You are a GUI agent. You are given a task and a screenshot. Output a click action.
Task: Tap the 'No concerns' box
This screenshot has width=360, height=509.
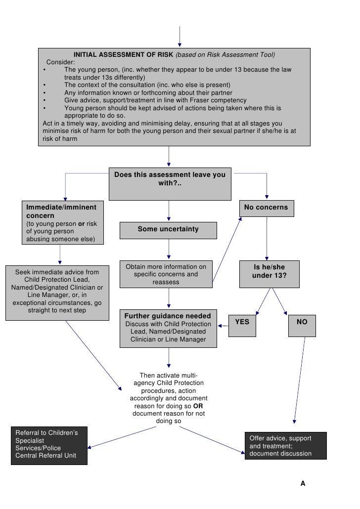click(267, 208)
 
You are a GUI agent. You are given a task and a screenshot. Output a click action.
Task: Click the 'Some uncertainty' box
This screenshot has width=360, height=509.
click(168, 230)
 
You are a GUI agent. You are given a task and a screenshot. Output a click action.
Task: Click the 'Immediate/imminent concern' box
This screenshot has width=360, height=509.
click(62, 222)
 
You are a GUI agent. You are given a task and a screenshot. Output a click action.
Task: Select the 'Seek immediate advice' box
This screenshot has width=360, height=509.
click(57, 292)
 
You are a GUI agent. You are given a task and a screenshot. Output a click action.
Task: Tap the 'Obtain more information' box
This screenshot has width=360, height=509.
click(166, 274)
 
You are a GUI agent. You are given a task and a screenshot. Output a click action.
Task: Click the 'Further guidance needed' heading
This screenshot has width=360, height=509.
click(168, 316)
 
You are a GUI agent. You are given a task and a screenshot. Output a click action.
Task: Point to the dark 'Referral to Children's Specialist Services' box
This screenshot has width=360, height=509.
click(49, 445)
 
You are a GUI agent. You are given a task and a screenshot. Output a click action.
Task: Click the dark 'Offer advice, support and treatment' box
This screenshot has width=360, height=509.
click(285, 446)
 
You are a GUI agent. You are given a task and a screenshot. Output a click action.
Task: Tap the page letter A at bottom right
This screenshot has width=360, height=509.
click(303, 483)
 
